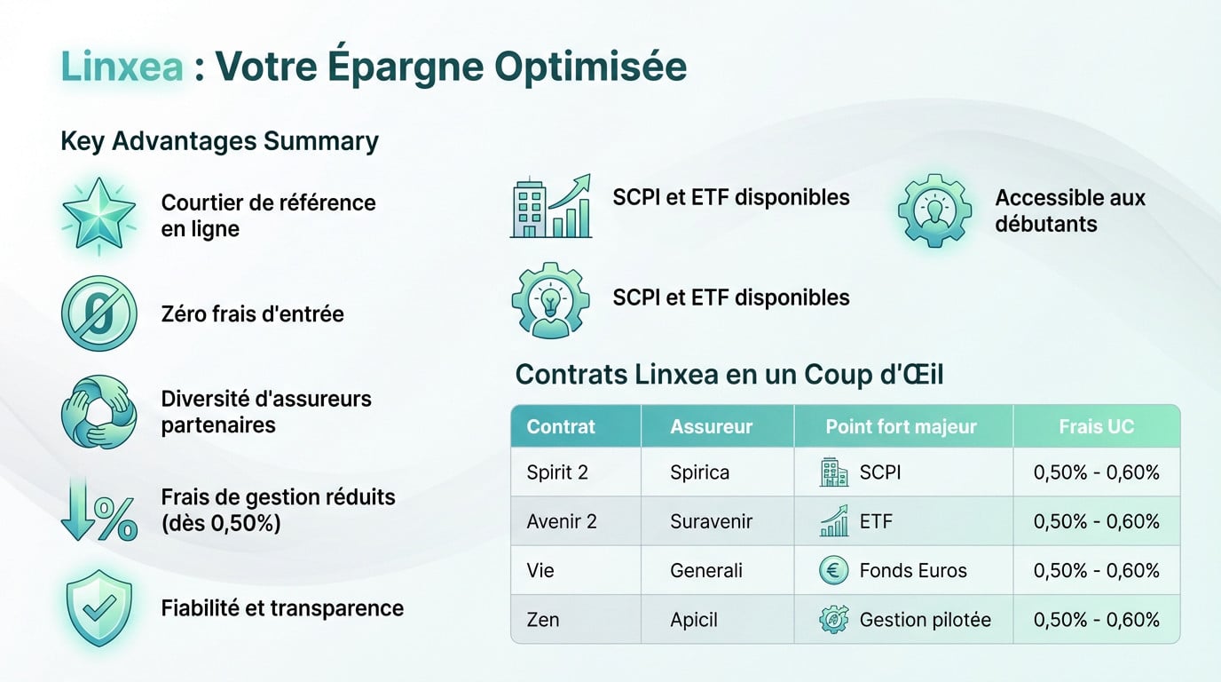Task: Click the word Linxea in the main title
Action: [x=123, y=67]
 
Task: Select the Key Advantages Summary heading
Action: [x=219, y=140]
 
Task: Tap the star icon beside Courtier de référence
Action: [x=98, y=214]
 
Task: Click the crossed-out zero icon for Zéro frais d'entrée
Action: [x=98, y=313]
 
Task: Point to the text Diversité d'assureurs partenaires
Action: [x=266, y=412]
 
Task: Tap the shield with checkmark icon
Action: [x=98, y=608]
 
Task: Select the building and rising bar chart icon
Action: [x=551, y=206]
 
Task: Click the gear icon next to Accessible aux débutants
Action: [x=934, y=210]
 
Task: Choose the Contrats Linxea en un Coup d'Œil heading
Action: [x=729, y=375]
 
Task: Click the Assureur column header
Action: [x=711, y=426]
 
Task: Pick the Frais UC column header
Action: [x=1096, y=426]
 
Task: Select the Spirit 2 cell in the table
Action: [x=557, y=472]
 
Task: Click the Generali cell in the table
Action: [x=706, y=570]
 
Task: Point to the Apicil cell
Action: [x=694, y=619]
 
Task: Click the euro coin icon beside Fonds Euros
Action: [x=834, y=570]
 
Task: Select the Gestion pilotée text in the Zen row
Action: [x=925, y=619]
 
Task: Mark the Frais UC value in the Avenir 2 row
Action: [x=1096, y=521]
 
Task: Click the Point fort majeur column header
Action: [x=901, y=426]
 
